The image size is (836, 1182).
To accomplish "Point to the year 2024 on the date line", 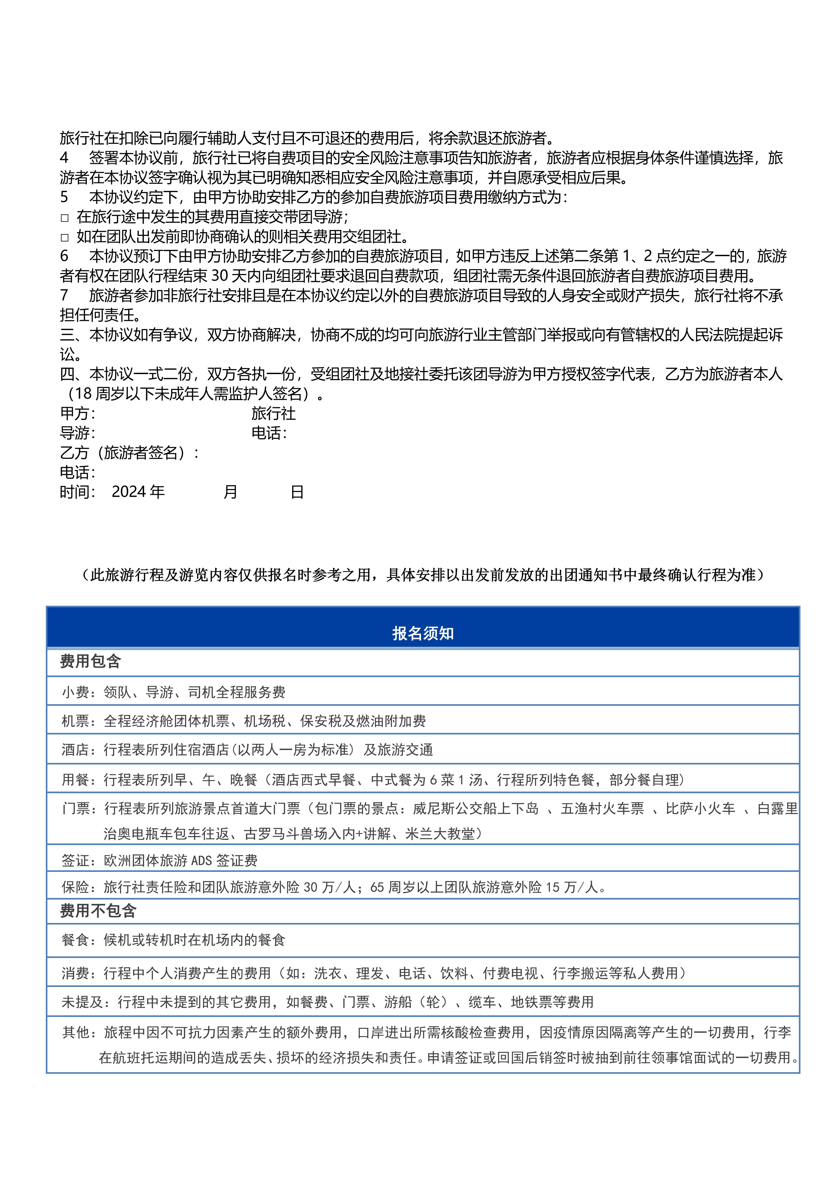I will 128,492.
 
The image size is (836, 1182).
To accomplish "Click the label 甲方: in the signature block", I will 77,413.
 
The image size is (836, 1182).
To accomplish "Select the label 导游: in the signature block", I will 77,433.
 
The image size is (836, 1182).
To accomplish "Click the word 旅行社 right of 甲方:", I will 273,413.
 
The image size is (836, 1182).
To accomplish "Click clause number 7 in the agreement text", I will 64,295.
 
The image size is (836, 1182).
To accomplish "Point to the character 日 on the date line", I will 297,492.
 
